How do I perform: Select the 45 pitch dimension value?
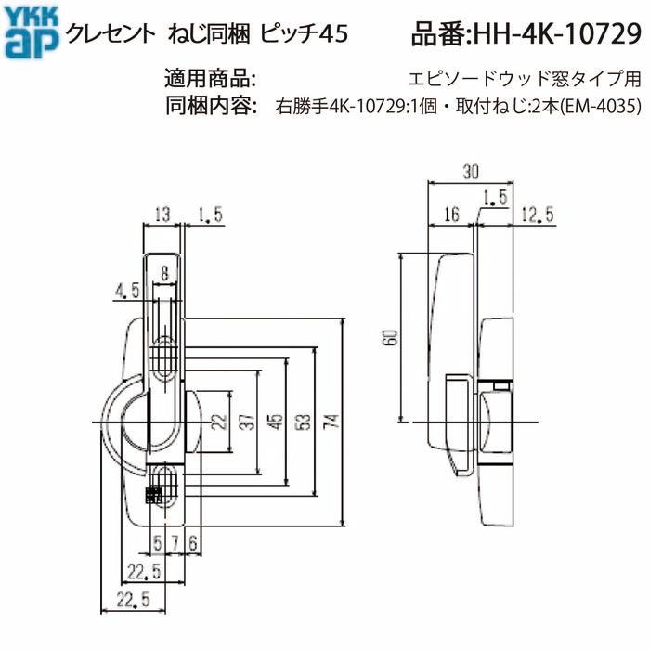pyautogui.click(x=273, y=420)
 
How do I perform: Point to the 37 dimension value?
pyautogui.click(x=244, y=420)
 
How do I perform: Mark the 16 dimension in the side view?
pyautogui.click(x=452, y=215)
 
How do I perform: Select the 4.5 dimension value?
pyautogui.click(x=128, y=291)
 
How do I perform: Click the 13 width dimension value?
pyautogui.click(x=161, y=215)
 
